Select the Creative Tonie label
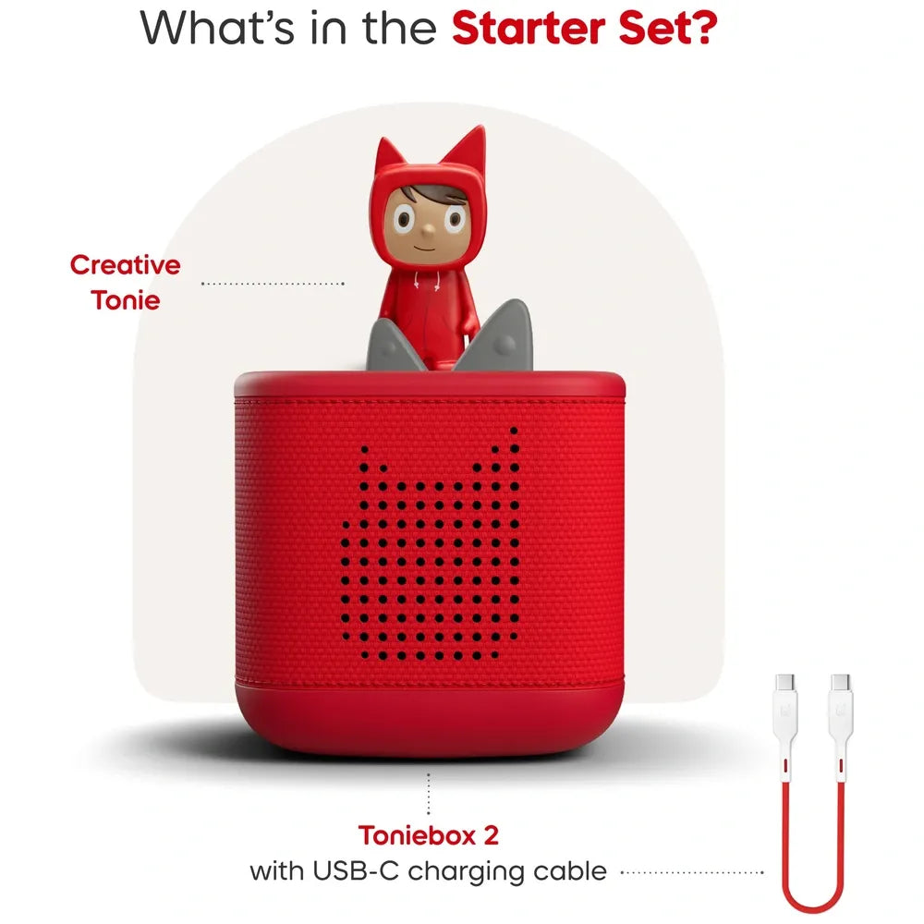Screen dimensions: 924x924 [x=126, y=282]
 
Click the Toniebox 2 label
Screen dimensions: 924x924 [x=428, y=836]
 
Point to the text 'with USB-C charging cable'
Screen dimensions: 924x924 [x=428, y=869]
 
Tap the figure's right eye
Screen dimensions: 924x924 [x=454, y=218]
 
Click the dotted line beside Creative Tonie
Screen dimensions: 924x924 [x=273, y=284]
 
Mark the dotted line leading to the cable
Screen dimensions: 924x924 [x=693, y=871]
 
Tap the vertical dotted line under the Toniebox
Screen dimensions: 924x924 [x=429, y=795]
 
